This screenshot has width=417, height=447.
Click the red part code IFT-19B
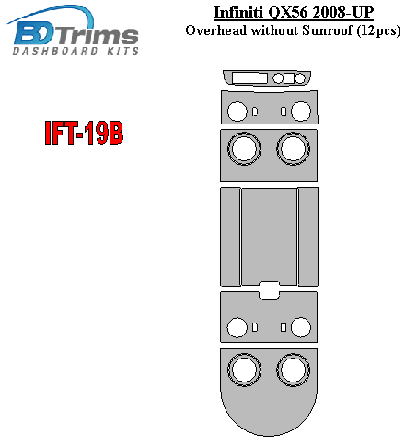[x=84, y=133]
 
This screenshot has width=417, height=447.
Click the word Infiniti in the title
[x=238, y=13]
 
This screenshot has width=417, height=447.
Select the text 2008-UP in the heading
[x=344, y=13]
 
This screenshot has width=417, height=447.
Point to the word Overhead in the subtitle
[x=216, y=30]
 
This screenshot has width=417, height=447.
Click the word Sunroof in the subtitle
[x=328, y=30]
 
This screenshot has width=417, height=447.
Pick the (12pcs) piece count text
[x=378, y=31]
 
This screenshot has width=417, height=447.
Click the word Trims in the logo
[x=98, y=36]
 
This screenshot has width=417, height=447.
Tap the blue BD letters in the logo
[x=35, y=34]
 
